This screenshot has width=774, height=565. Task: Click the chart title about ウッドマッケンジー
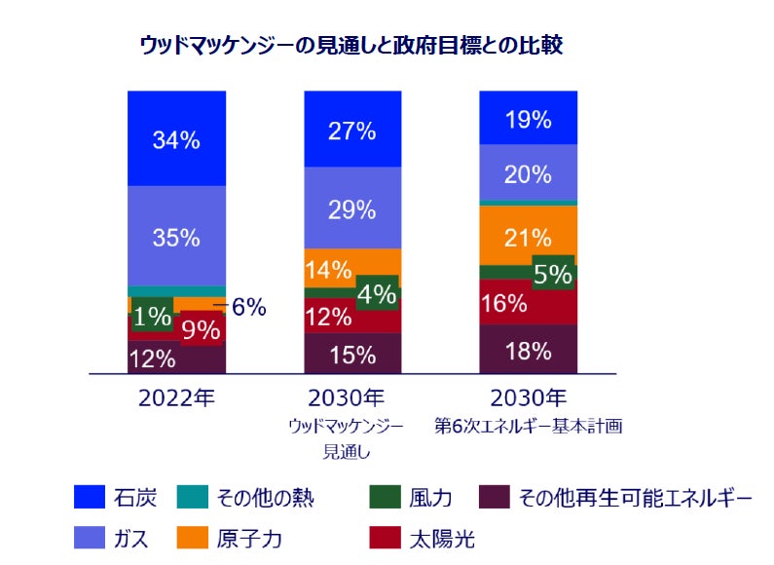pos(351,45)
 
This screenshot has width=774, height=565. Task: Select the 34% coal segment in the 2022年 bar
pos(176,139)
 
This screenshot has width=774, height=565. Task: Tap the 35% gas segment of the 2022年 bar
pos(176,237)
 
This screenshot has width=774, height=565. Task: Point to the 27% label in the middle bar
pos(352,132)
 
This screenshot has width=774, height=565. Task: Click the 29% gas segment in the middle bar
pos(352,208)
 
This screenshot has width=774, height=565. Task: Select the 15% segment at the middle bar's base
pos(352,355)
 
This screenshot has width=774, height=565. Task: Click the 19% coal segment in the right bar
pos(529,120)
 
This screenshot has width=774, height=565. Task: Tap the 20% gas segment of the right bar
pos(529,173)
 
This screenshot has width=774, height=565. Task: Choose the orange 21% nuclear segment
pos(529,236)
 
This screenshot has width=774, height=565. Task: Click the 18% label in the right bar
pos(529,351)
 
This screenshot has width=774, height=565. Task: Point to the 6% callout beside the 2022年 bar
pos(247,307)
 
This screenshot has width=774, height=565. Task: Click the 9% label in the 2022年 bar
pos(202,329)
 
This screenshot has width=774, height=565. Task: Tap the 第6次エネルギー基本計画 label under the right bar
pos(529,426)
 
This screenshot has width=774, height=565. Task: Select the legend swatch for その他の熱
pos(191,499)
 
